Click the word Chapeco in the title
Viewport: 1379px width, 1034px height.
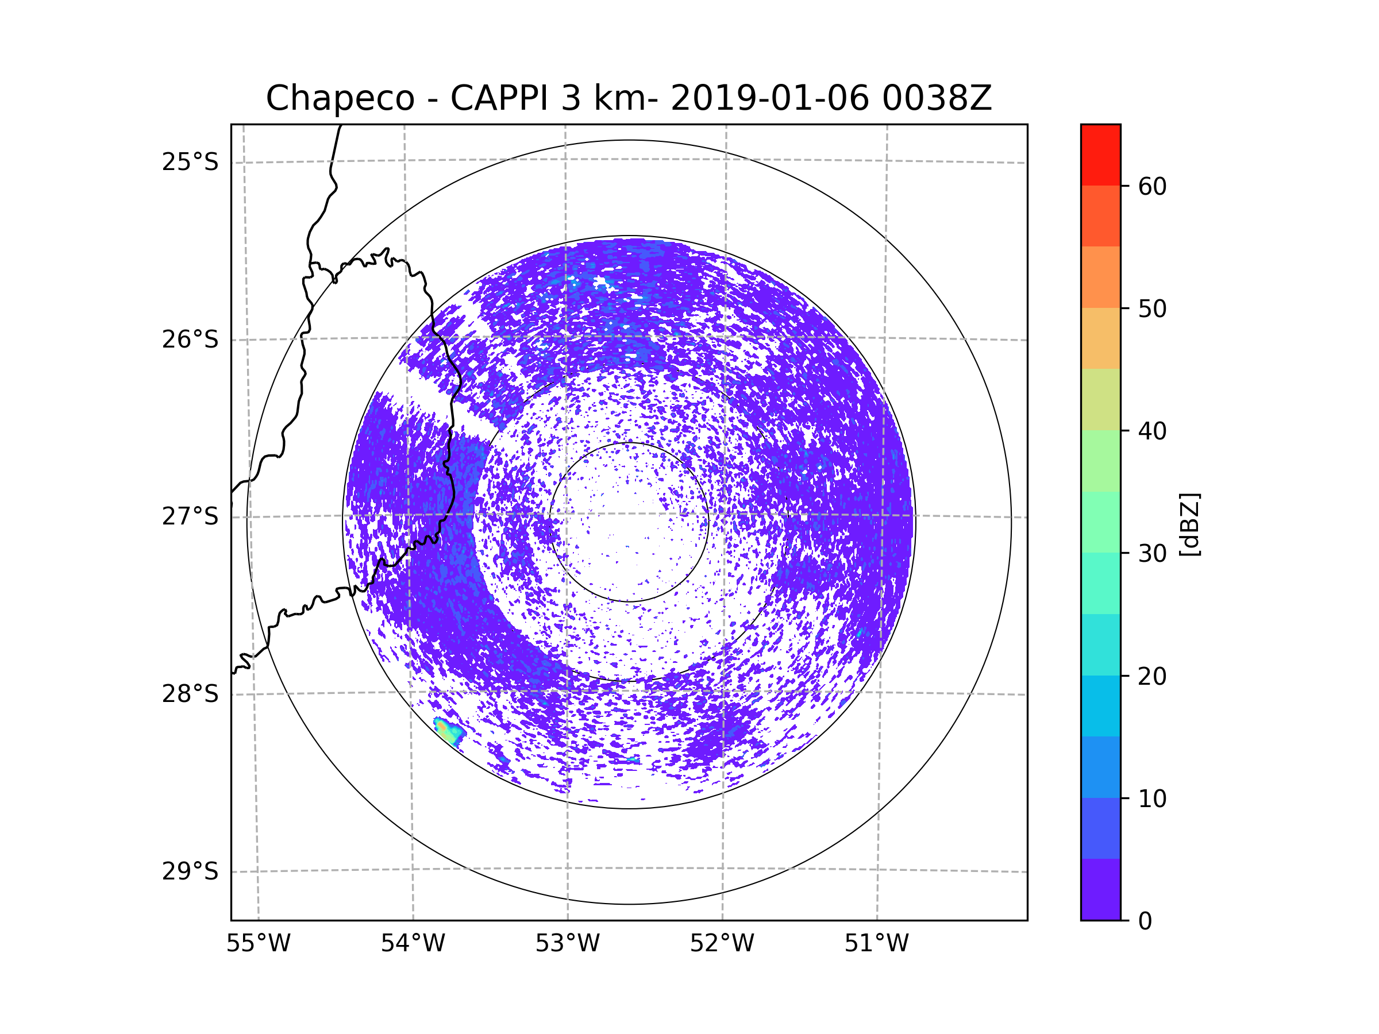pos(340,98)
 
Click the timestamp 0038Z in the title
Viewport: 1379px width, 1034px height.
pos(937,98)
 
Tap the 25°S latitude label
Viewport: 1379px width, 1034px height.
pos(190,162)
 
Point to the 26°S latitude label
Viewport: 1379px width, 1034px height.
pos(190,339)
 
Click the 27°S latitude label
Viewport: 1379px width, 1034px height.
pos(190,516)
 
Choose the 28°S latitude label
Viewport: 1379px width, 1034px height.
pos(190,694)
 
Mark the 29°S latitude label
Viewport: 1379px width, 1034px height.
pos(190,871)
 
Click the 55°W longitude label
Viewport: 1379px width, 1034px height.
pos(258,944)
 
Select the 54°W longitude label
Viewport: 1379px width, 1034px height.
pos(413,944)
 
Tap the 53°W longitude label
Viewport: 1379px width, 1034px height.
pos(567,944)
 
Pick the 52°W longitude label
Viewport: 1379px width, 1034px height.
pos(722,944)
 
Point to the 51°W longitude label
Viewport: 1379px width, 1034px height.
pos(876,944)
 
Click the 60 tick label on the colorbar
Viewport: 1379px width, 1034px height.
pos(1152,186)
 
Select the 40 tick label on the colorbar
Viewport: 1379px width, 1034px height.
pos(1152,431)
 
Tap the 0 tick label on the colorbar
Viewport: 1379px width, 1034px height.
pos(1145,921)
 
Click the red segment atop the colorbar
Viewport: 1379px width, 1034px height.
pos(1100,155)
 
